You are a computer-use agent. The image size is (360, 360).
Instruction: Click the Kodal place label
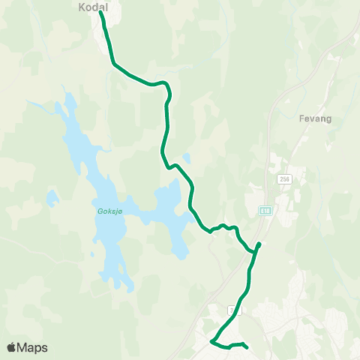coord(93,7)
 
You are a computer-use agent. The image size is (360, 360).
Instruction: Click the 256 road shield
coord(283,179)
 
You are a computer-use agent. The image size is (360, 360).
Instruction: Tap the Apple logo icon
coord(11,347)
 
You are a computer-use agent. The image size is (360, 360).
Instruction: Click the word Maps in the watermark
coord(32,347)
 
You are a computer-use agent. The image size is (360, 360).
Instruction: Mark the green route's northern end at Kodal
coord(101,12)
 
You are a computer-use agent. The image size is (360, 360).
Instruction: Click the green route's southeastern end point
coord(247,347)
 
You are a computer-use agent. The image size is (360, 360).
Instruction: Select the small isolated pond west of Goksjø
coord(52,199)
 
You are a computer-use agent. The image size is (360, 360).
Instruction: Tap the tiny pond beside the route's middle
coord(186,158)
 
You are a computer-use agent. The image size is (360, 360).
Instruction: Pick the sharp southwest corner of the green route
coord(212,342)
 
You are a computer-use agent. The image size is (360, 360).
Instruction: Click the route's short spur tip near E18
coord(259,244)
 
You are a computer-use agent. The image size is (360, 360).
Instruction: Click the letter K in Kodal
coord(82,7)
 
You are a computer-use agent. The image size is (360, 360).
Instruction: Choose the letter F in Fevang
coord(300,118)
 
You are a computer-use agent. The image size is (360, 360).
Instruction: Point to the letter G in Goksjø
coord(100,211)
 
